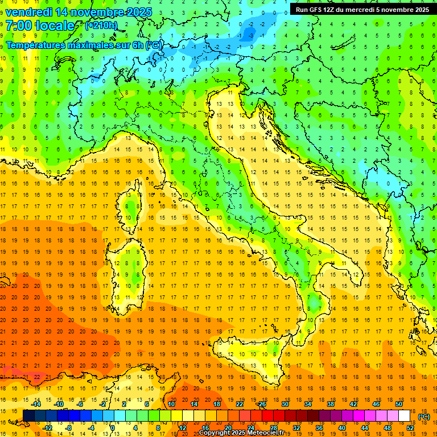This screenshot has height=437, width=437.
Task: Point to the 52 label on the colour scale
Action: (x=410, y=427)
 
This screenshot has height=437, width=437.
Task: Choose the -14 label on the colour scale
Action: (x=36, y=404)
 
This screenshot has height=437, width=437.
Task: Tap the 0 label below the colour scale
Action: (x=113, y=427)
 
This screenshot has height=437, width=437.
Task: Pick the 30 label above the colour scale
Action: (x=285, y=404)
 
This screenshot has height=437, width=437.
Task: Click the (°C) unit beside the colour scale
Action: (x=424, y=417)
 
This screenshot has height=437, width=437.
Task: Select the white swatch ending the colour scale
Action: (x=404, y=415)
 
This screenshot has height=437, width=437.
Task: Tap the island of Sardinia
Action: (x=129, y=267)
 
